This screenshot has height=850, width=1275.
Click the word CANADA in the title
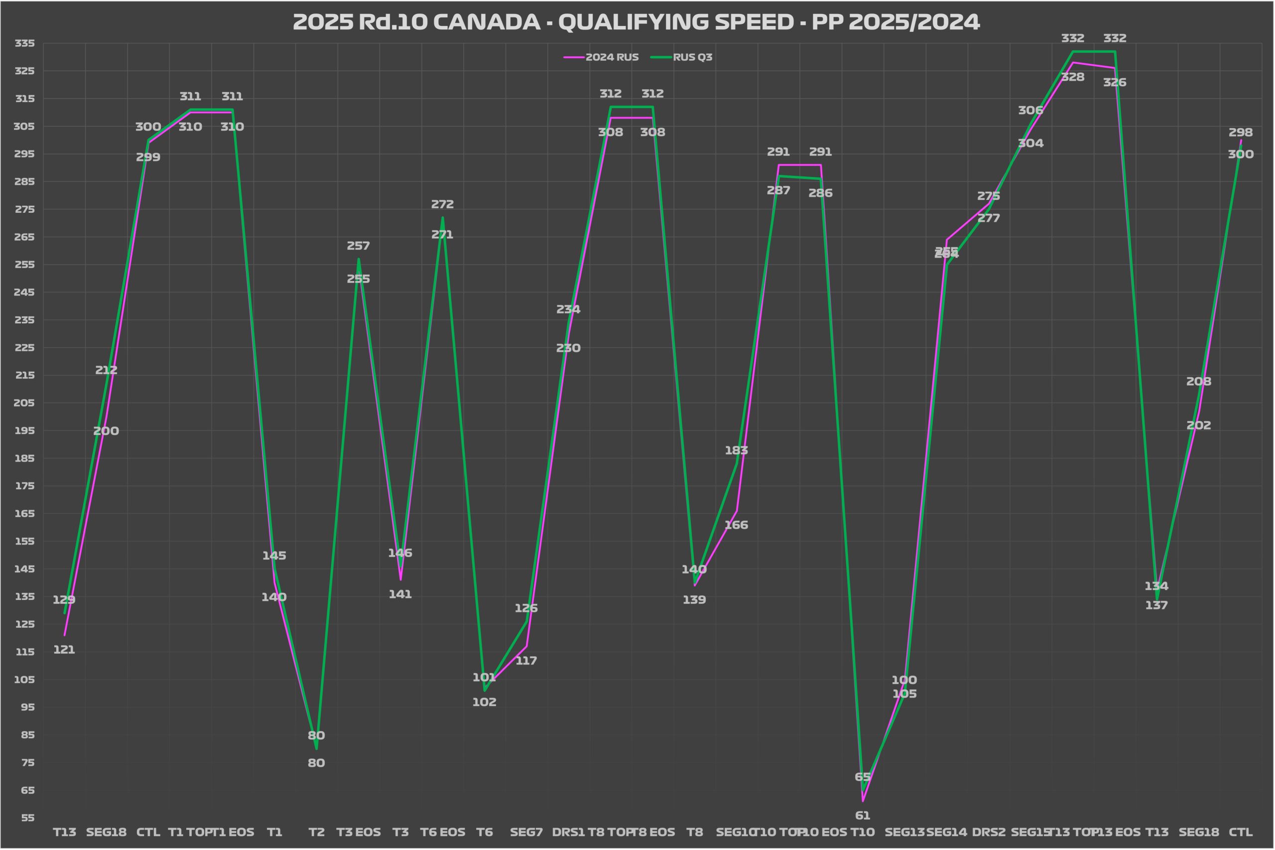[486, 22]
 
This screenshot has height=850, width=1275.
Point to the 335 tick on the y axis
[24, 43]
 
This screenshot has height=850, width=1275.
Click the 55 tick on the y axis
[27, 818]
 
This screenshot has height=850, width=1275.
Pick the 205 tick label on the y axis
[24, 403]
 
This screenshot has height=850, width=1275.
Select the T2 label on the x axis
[316, 832]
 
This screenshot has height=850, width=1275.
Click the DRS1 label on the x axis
[568, 832]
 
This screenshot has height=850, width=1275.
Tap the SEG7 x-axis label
[526, 832]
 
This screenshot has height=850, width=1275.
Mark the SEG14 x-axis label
[946, 832]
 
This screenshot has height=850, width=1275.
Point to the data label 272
[442, 204]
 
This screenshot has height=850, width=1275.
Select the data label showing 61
[862, 815]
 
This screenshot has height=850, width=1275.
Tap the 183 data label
[736, 450]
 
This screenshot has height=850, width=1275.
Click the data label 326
[1114, 82]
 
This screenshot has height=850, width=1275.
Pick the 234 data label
[568, 309]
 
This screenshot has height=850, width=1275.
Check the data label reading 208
[1198, 382]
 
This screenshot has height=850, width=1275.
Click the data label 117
[526, 661]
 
